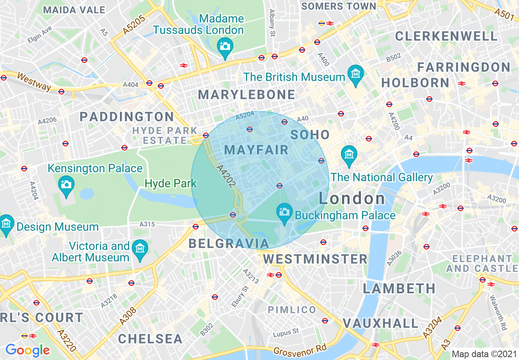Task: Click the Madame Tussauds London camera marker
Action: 224,46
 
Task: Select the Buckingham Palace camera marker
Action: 284,212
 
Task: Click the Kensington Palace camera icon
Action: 66,184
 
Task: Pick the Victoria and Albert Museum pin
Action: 140,248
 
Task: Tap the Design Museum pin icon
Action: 6,223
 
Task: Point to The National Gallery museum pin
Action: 349,155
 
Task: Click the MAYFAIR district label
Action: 256,150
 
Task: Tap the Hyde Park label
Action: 171,183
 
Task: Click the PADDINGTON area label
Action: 127,117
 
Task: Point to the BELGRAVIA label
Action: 229,244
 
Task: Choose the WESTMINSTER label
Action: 315,259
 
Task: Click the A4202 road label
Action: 226,176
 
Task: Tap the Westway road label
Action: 34,82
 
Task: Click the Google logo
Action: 27,350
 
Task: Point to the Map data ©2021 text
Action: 484,354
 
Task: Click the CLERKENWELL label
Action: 446,36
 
